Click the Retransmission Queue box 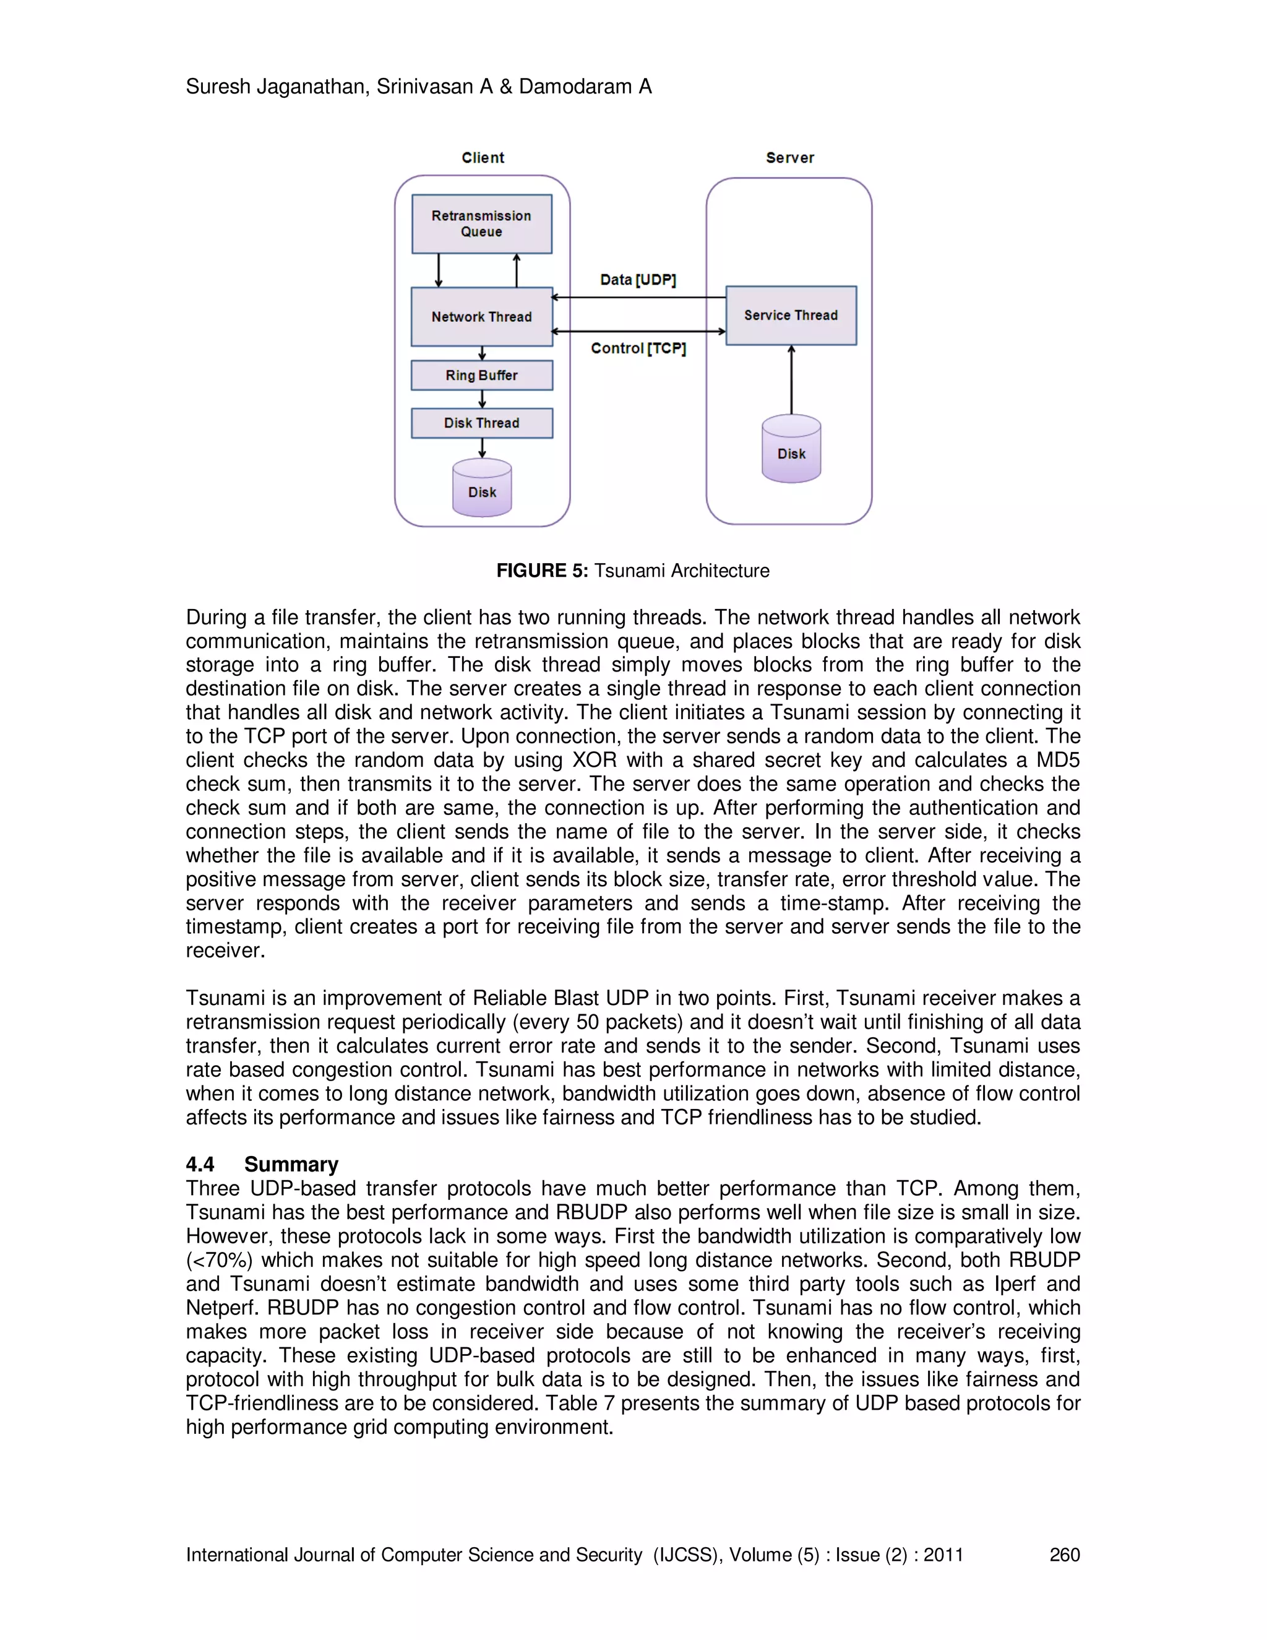coord(481,224)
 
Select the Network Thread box coord(481,317)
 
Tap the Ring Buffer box coord(481,376)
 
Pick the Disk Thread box coord(481,423)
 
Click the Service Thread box coord(791,316)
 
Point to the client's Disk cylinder coord(482,489)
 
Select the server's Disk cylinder coord(791,450)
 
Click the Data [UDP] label coord(638,280)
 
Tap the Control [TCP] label coord(638,348)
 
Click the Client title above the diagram coord(483,158)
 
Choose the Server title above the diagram coord(789,158)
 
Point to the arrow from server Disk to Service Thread coord(791,380)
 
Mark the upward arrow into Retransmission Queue coord(517,270)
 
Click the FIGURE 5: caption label coord(542,571)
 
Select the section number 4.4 coord(200,1164)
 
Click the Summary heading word coord(291,1164)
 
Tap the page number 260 coord(1064,1555)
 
